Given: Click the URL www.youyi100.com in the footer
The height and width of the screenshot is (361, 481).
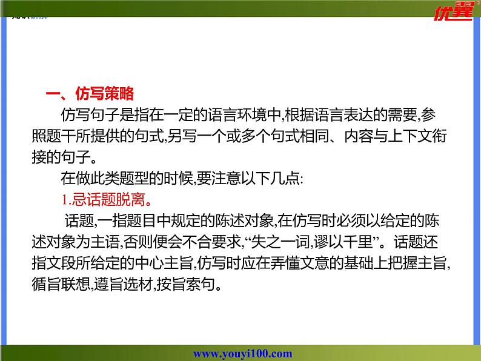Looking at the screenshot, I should click(x=242, y=354).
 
